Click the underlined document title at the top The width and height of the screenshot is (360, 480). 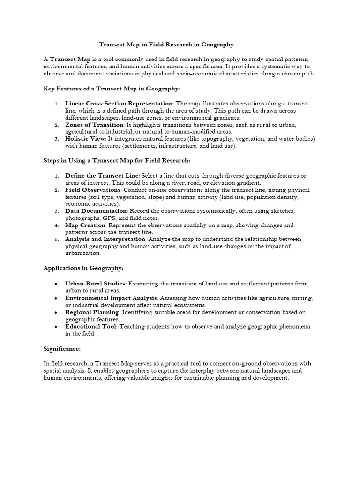coord(166,45)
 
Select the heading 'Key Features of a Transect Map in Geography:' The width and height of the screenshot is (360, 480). coord(112,88)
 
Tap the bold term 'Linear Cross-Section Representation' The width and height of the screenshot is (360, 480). coord(119,103)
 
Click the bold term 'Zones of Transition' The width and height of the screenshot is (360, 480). coord(94,125)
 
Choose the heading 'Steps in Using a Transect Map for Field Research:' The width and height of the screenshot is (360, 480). coord(117,161)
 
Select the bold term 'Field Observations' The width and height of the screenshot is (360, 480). coord(93,190)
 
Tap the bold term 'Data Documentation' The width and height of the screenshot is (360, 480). coord(96,211)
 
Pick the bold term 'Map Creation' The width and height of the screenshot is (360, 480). coord(85,225)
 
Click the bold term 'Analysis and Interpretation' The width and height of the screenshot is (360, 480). coord(105,239)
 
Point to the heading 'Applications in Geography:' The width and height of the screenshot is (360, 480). coord(83,268)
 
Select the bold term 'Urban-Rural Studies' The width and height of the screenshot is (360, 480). coord(95,284)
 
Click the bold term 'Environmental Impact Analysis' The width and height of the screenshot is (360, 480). coord(111,298)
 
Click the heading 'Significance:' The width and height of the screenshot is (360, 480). coord(62,349)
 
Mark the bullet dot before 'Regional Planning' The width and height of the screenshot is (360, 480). coord(56,312)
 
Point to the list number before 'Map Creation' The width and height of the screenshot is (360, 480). coord(56,225)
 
